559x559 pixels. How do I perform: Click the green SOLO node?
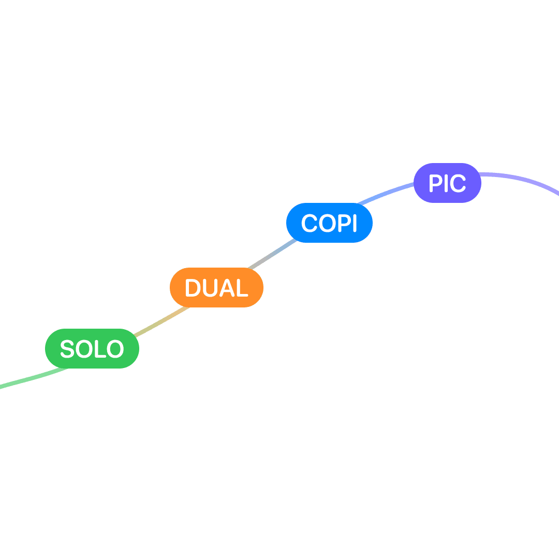[x=92, y=348]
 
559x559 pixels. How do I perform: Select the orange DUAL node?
[x=216, y=288]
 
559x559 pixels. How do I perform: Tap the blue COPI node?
[x=329, y=223]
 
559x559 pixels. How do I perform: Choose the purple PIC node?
[x=447, y=183]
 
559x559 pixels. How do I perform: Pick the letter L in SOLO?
[x=101, y=349]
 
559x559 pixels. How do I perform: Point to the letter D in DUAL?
[x=193, y=288]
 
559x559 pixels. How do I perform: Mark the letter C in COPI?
[x=309, y=224]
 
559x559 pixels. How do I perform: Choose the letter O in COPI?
[x=327, y=224]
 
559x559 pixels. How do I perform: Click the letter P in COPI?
[x=344, y=224]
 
